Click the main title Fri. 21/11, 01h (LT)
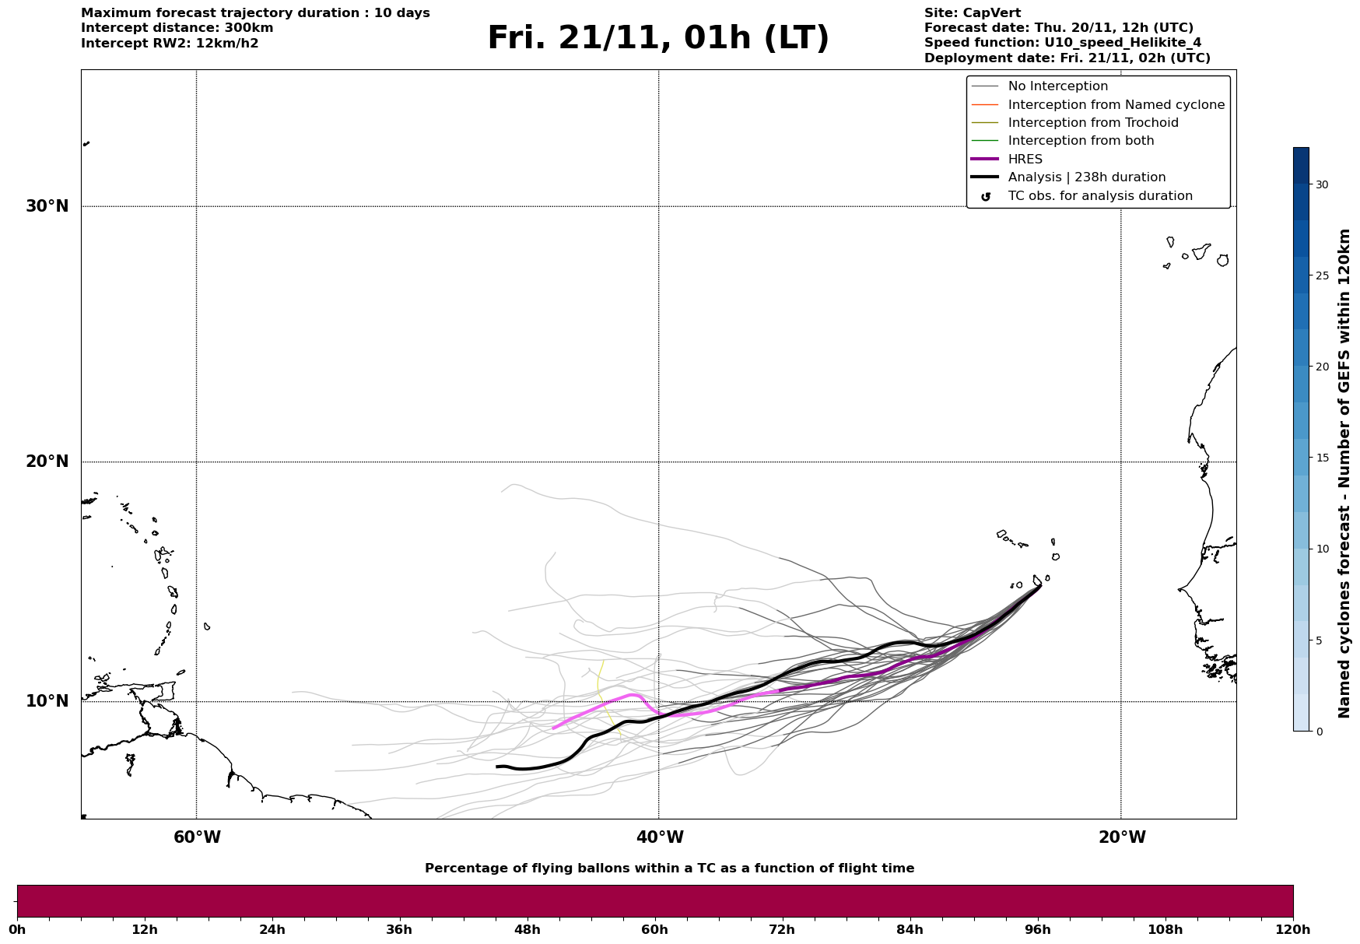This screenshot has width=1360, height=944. point(658,39)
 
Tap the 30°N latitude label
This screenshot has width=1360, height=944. point(47,206)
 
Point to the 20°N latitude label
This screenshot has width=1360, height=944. point(47,461)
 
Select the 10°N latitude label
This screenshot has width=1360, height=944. point(47,701)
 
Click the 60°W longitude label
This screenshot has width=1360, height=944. point(197,837)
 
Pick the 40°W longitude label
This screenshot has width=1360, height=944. point(660,837)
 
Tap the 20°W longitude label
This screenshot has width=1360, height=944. point(1122,837)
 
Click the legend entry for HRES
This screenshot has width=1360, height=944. point(1025,160)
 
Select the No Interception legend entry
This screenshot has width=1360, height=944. point(1057,86)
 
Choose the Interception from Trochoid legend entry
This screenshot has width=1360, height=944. point(1092,123)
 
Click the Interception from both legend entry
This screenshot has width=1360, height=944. point(1081,141)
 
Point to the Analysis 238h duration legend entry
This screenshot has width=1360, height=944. point(1086,177)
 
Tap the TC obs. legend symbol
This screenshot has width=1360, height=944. point(986,197)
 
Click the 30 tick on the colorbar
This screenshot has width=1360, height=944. point(1322,184)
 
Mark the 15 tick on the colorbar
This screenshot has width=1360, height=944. point(1322,458)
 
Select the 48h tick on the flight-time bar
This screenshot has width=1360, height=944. point(527,929)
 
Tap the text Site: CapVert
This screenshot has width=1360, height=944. point(972,13)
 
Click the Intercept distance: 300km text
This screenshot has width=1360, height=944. point(177,28)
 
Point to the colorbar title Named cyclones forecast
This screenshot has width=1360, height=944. point(1344,473)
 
